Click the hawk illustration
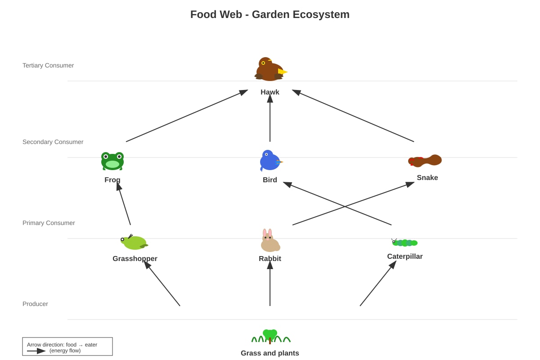click(x=270, y=69)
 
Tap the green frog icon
click(x=112, y=161)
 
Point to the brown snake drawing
click(x=425, y=161)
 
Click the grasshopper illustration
click(x=134, y=242)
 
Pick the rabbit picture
click(x=270, y=240)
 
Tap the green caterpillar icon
click(x=405, y=243)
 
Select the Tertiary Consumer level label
click(x=48, y=65)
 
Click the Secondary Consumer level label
click(x=53, y=142)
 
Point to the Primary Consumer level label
click(x=49, y=223)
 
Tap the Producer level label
click(x=35, y=304)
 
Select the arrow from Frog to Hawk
click(x=187, y=116)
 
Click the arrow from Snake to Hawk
click(x=353, y=116)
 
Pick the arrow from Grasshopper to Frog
click(x=124, y=204)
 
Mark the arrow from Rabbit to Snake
click(x=353, y=203)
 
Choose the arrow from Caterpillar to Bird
click(x=337, y=203)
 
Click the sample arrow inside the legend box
click(x=36, y=351)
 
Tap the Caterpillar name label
click(x=405, y=256)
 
